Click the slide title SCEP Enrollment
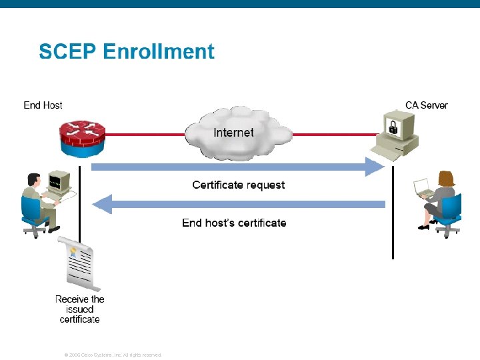(127, 51)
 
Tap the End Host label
(43, 105)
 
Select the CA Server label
(426, 105)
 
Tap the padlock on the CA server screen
(393, 127)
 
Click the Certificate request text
(238, 185)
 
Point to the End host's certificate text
(234, 223)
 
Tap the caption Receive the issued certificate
(80, 309)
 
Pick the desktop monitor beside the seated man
(59, 181)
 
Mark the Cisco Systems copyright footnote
(112, 355)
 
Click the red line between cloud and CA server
(333, 135)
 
